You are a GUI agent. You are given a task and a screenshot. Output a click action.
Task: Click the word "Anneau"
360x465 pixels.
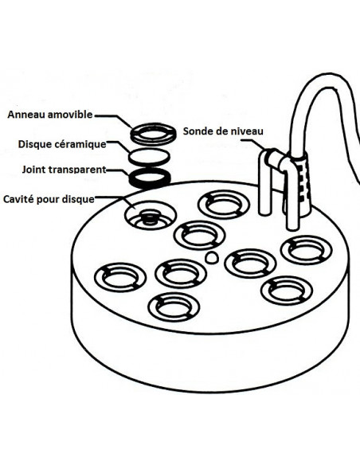[29, 115]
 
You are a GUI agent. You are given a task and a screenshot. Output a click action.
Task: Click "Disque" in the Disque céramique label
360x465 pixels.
[34, 144]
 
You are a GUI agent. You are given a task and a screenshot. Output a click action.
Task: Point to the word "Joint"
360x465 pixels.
[34, 170]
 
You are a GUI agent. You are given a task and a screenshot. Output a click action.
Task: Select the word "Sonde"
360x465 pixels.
[199, 131]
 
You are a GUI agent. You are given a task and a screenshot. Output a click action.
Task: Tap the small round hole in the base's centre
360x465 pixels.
[210, 257]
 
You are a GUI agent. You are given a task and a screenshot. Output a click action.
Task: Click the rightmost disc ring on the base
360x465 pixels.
[305, 249]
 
